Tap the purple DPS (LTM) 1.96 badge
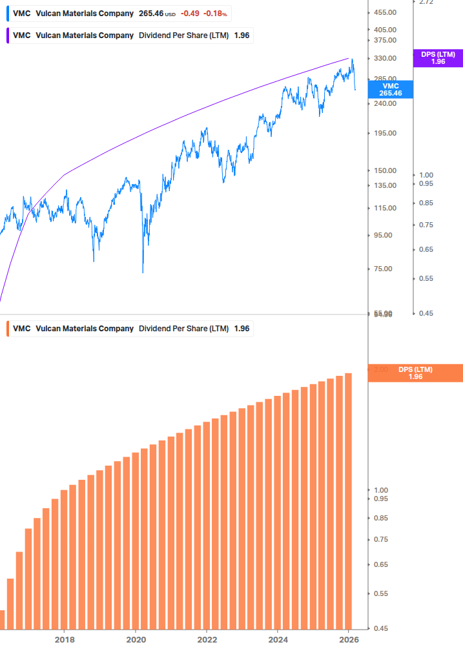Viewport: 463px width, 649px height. pyautogui.click(x=438, y=57)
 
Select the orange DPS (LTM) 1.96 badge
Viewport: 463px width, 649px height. pyautogui.click(x=415, y=373)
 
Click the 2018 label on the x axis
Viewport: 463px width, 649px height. pyautogui.click(x=64, y=639)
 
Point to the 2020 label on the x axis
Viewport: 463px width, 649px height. pyautogui.click(x=135, y=639)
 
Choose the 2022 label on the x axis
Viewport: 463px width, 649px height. pyautogui.click(x=206, y=639)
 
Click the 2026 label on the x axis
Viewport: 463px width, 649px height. pyautogui.click(x=348, y=639)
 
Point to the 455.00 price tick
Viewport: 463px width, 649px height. pyautogui.click(x=385, y=12)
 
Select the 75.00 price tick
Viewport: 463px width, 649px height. pyautogui.click(x=383, y=269)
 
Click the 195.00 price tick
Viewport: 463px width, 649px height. pyautogui.click(x=385, y=133)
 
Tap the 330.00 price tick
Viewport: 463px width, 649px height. pyautogui.click(x=385, y=58)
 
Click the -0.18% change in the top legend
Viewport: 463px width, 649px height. pyautogui.click(x=216, y=14)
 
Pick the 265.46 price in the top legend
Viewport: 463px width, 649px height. pyautogui.click(x=152, y=14)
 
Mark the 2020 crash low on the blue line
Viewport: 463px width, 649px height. pyautogui.click(x=143, y=271)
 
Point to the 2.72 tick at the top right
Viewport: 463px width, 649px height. pyautogui.click(x=426, y=3)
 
